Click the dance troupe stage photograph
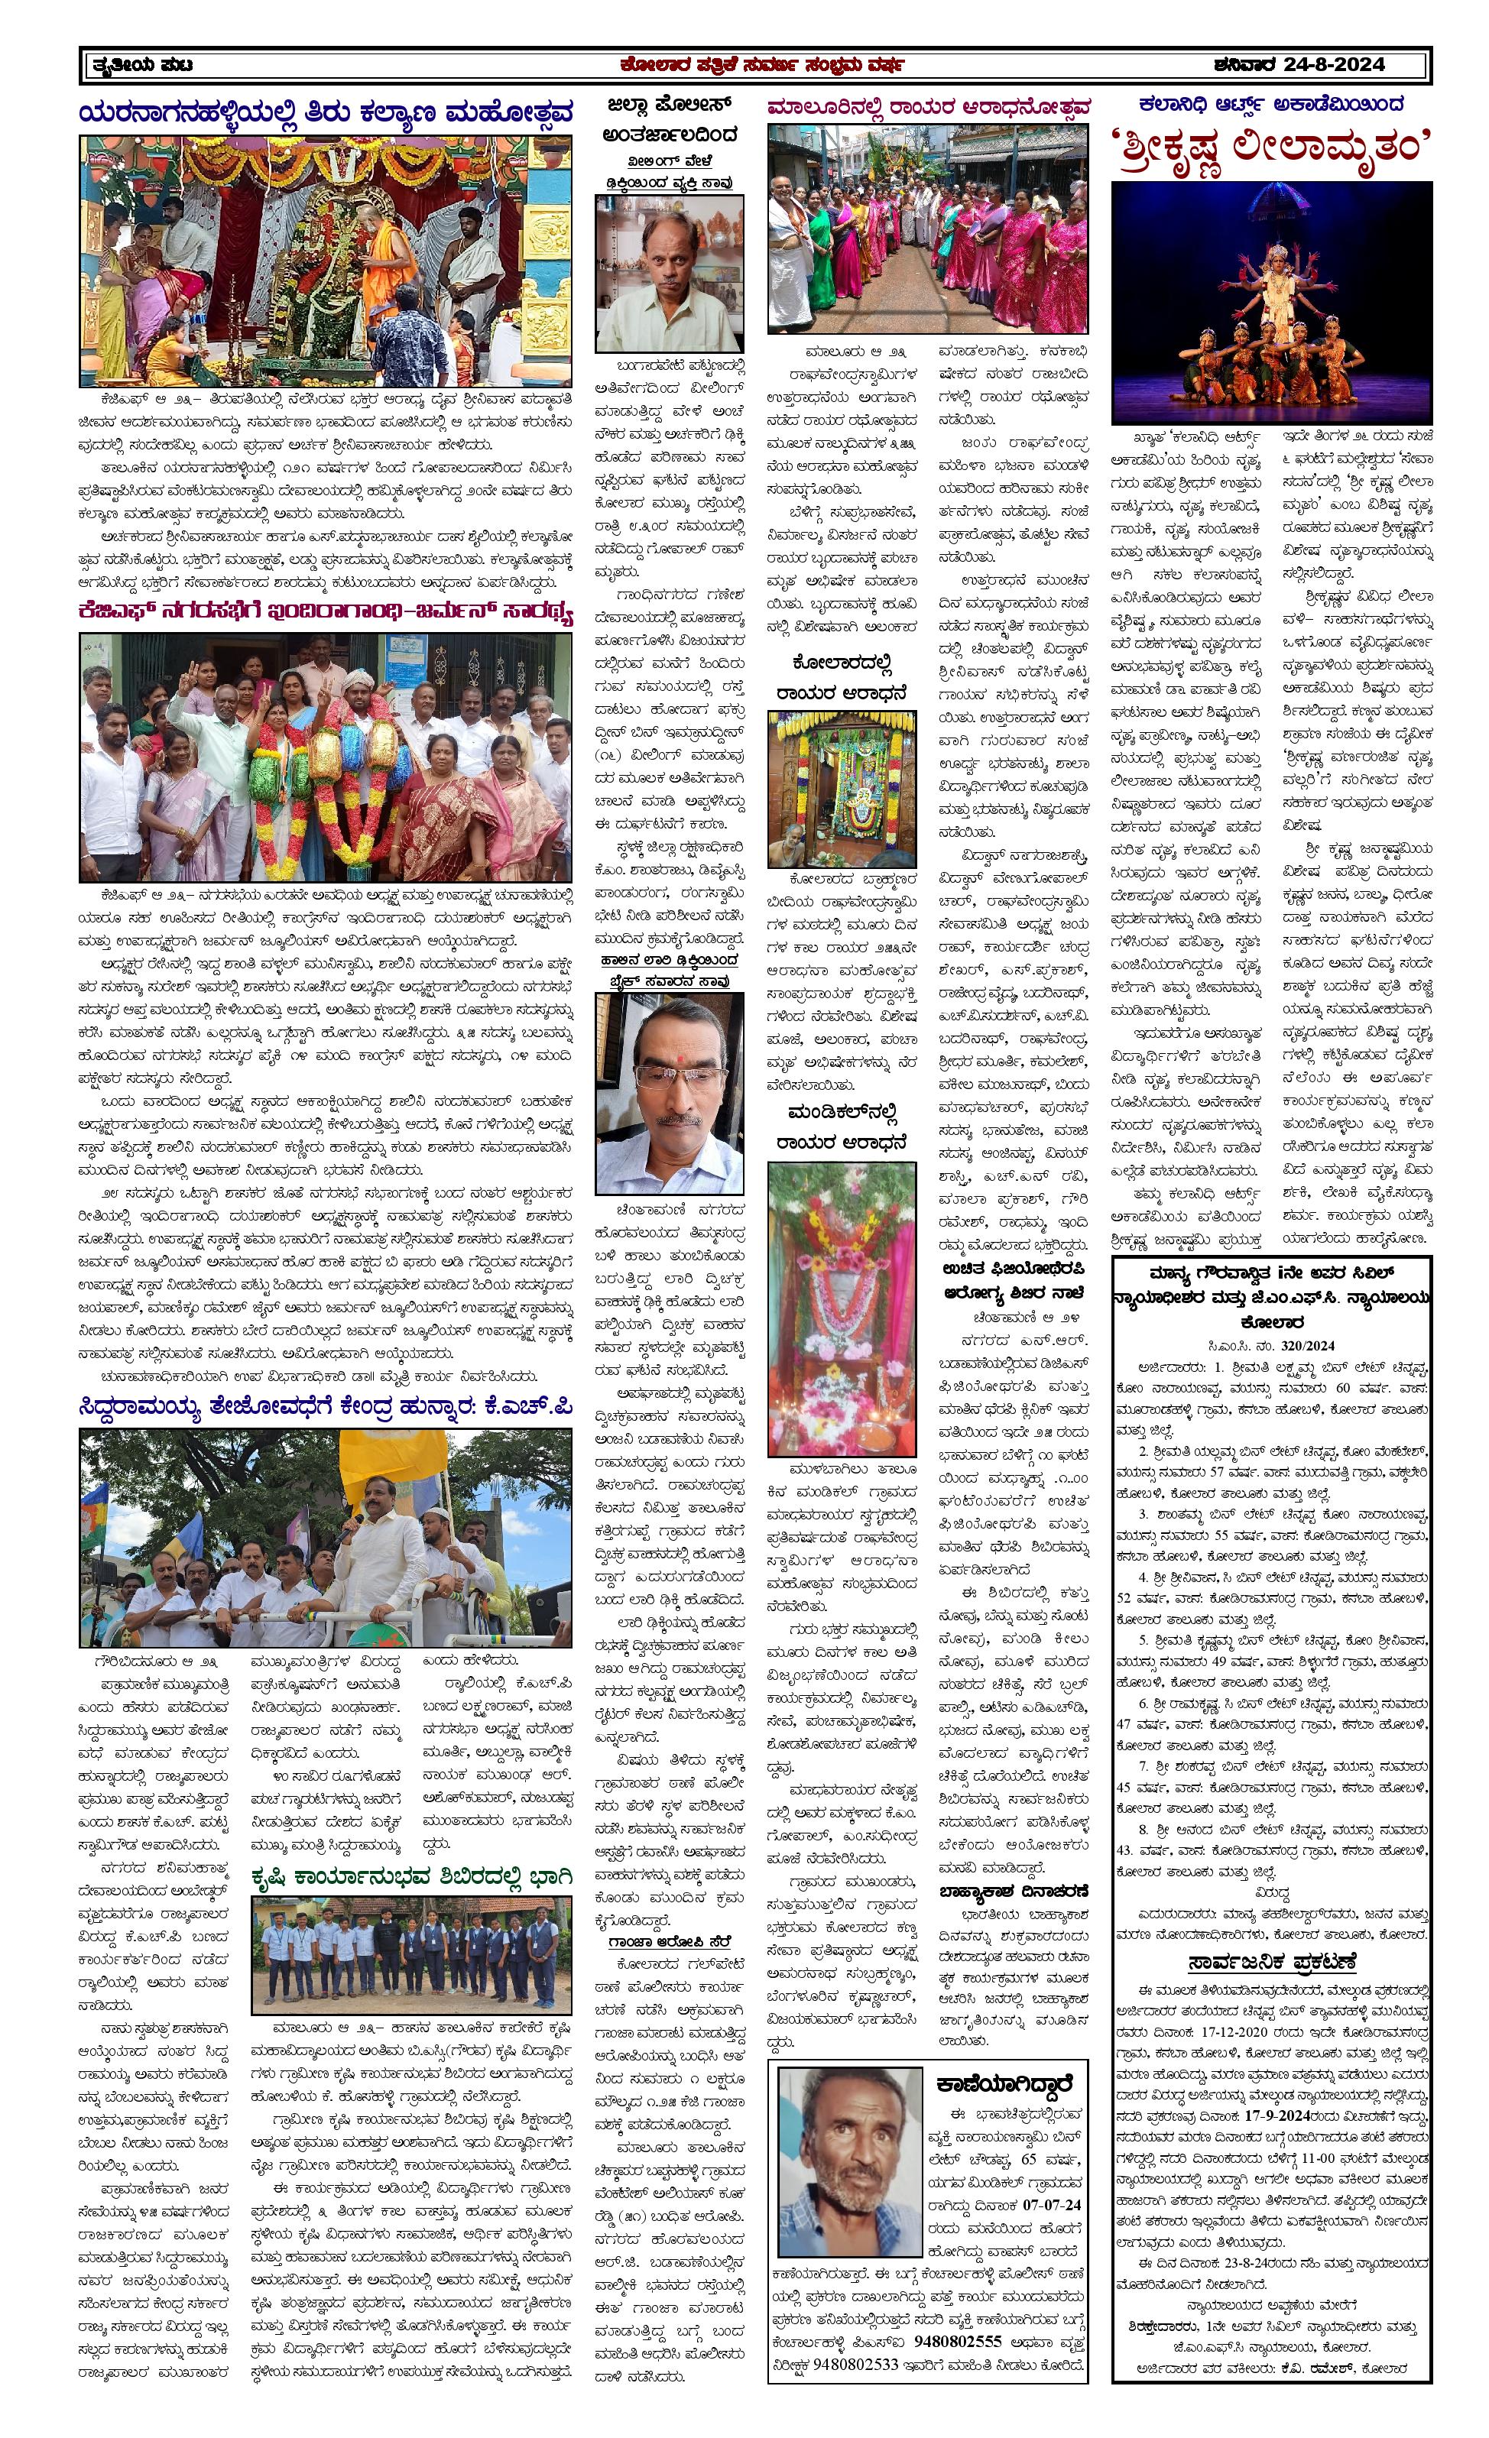(1271, 303)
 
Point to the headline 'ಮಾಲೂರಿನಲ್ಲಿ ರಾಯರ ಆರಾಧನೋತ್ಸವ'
(928, 107)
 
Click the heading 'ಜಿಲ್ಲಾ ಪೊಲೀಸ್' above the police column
(669, 105)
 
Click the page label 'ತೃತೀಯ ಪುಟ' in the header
(141, 65)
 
